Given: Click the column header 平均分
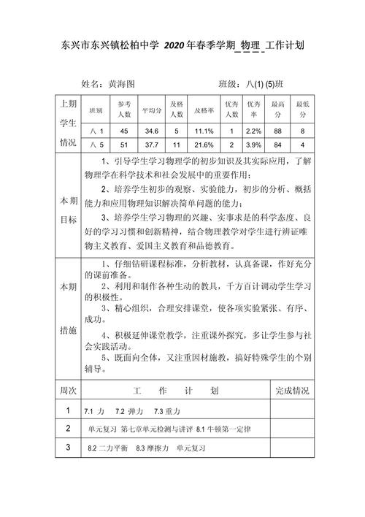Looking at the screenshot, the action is (x=151, y=111).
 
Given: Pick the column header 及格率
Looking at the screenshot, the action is (x=204, y=111).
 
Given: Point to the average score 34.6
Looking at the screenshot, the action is (x=151, y=130).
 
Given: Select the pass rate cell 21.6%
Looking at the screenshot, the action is (x=204, y=145).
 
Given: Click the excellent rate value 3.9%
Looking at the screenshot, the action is (x=254, y=145).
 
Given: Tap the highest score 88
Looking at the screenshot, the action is (x=277, y=130).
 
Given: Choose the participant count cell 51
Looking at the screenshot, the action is (x=124, y=145).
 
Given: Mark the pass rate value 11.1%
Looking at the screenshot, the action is (x=204, y=130).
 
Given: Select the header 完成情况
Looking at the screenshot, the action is (x=292, y=390).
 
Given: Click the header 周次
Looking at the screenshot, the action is (x=68, y=390).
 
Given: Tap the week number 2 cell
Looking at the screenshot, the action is (x=68, y=428).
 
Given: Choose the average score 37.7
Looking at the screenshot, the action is (x=151, y=145).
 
